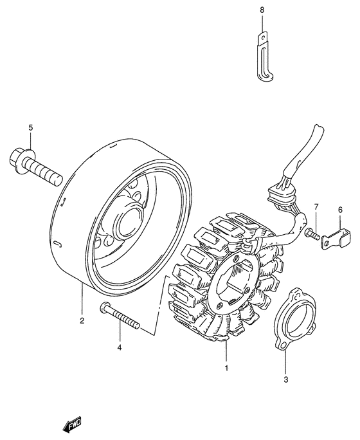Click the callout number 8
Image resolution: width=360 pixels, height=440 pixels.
pyautogui.click(x=262, y=10)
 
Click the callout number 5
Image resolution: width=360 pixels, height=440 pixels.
pyautogui.click(x=30, y=129)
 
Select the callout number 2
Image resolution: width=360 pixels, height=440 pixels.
pyautogui.click(x=82, y=319)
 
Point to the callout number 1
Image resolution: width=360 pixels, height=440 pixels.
pyautogui.click(x=226, y=369)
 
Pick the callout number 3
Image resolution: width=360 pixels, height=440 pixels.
pyautogui.click(x=285, y=380)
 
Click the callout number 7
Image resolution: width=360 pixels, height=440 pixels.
pyautogui.click(x=316, y=206)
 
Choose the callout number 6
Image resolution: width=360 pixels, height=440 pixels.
pyautogui.click(x=340, y=210)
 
